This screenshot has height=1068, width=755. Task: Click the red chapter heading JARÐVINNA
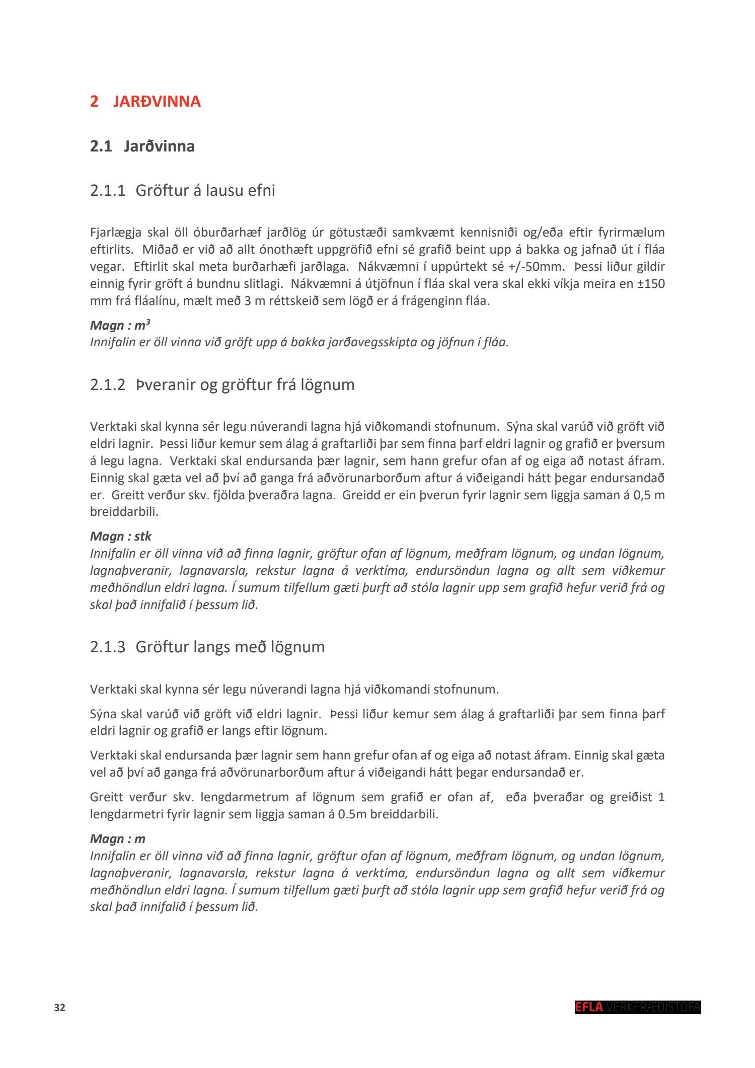point(157,101)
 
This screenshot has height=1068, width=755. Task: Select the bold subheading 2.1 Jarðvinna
point(142,146)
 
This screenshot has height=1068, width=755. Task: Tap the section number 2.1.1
point(107,191)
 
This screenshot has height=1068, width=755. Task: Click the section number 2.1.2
point(107,385)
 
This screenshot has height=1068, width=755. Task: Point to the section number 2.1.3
point(107,647)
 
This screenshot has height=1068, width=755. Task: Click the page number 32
point(59,1008)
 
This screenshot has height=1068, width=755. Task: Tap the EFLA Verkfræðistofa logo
point(637,1007)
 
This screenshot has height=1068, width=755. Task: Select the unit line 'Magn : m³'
point(120,325)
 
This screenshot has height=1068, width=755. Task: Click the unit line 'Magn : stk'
point(120,536)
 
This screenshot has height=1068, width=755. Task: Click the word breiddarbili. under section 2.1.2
point(124,512)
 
